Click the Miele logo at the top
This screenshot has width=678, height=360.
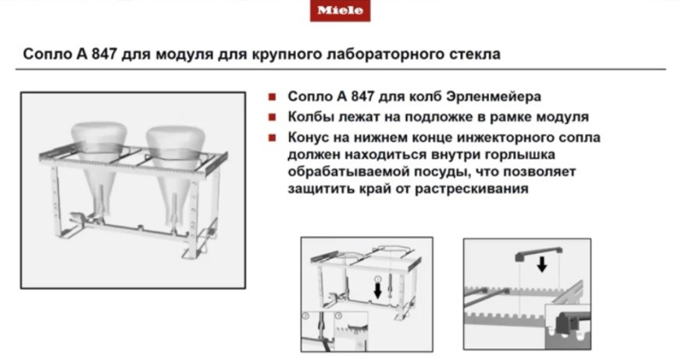tap(339, 10)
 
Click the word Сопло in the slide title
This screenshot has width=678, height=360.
tap(45, 55)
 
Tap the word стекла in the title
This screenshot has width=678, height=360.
tap(472, 55)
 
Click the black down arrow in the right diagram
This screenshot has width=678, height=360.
tap(541, 264)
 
